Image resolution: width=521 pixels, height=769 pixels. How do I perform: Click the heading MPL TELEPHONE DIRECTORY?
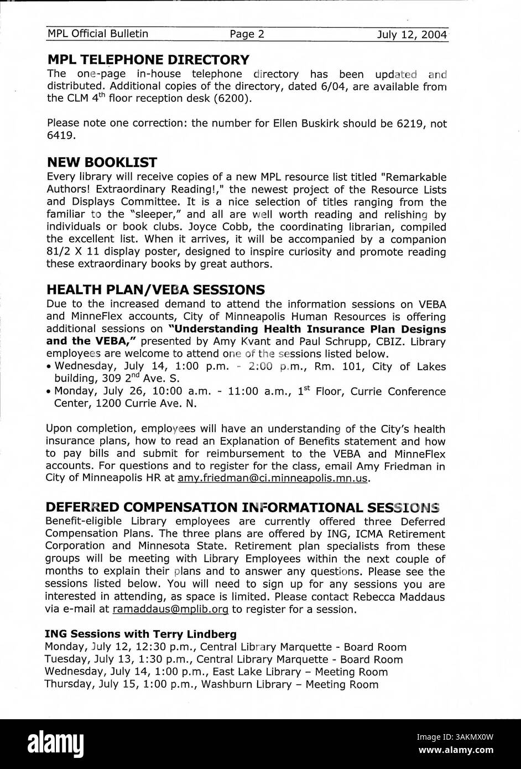click(148, 60)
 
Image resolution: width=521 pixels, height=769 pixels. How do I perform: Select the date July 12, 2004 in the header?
click(411, 35)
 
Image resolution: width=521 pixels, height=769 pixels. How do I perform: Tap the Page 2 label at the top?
click(247, 34)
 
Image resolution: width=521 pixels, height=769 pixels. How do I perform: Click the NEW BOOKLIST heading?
click(102, 163)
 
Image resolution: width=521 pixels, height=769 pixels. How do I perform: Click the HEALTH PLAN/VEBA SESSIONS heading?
click(155, 290)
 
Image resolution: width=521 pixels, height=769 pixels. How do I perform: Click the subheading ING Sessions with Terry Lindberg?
click(140, 634)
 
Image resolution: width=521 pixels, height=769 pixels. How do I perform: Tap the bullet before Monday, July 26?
click(49, 392)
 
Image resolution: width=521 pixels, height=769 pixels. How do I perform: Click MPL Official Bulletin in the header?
click(97, 34)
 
